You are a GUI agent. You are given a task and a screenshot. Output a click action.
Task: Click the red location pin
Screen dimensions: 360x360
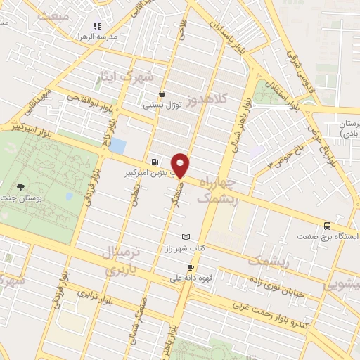click(181, 165)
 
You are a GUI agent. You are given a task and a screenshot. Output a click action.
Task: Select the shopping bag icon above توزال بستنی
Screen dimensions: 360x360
click(163, 94)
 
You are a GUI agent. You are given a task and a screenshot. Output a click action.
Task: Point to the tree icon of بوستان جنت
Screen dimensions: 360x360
click(20, 187)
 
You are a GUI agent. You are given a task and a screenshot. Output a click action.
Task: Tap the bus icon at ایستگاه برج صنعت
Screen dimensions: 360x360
click(327, 226)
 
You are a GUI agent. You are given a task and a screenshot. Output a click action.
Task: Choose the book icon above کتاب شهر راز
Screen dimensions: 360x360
click(186, 237)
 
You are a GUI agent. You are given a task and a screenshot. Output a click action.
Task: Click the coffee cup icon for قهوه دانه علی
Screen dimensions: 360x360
click(190, 268)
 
